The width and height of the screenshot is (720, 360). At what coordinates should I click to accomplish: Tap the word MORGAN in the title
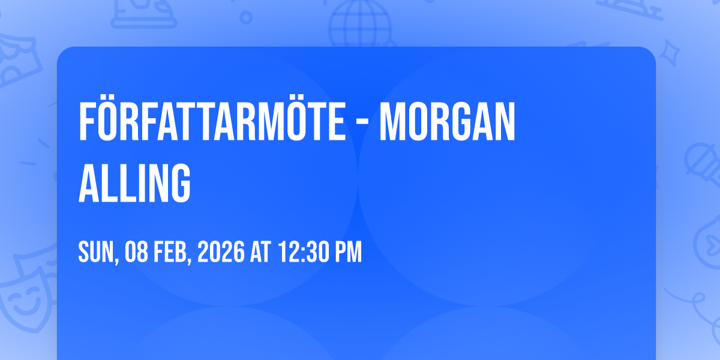click(448, 122)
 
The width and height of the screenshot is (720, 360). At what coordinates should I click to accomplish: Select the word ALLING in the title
click(134, 183)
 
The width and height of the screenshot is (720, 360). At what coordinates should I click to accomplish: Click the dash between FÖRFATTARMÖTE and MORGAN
click(362, 124)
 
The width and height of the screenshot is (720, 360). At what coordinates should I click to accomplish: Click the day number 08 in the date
click(136, 251)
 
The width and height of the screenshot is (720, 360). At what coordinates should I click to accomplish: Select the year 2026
click(221, 251)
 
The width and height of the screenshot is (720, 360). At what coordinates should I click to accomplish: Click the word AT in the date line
click(260, 251)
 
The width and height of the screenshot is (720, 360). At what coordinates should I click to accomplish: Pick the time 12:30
click(303, 251)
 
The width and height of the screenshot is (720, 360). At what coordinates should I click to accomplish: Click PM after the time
click(349, 251)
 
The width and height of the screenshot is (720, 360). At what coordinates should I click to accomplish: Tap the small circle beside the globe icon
click(246, 17)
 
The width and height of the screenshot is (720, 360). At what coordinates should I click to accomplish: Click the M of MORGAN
click(392, 122)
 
